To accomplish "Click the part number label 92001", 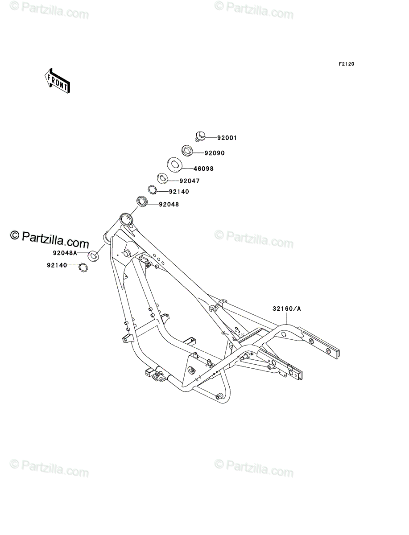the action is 227,138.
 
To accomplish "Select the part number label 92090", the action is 215,153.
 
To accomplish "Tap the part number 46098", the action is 203,169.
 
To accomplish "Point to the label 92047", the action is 190,181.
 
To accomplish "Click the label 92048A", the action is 65,253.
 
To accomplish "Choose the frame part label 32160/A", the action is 287,309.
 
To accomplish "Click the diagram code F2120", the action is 347,64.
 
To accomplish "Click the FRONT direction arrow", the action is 57,81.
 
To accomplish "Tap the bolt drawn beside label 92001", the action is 200,136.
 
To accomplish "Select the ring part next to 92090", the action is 187,150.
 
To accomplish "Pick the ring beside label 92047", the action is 162,178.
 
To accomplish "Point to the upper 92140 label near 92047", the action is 179,192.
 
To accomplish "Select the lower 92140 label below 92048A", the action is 57,265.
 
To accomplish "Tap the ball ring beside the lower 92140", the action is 83,267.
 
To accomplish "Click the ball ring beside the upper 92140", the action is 153,190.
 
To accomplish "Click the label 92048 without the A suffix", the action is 169,204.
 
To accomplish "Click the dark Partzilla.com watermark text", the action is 50,239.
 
